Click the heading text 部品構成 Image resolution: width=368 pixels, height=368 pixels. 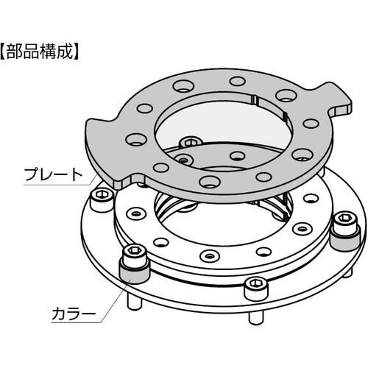click(40, 52)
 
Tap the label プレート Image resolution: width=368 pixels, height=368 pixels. click(53, 174)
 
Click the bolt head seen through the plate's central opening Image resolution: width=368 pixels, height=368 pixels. click(191, 142)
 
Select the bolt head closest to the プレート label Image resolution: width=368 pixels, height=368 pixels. click(102, 199)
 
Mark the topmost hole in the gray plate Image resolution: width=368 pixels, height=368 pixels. click(238, 81)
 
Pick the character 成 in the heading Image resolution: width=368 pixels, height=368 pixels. click(66, 52)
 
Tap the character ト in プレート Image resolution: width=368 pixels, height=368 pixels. click(77, 174)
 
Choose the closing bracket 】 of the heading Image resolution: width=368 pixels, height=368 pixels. click(77, 52)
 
